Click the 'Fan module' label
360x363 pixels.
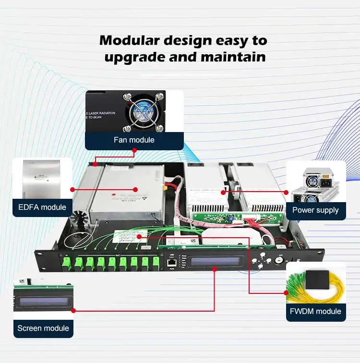click(134, 140)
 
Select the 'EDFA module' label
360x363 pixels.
click(43, 207)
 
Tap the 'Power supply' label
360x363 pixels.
click(315, 210)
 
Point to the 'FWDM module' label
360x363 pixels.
click(315, 311)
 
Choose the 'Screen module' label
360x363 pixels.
click(43, 328)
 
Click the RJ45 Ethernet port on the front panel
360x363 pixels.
click(171, 262)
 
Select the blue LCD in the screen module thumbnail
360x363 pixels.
click(43, 302)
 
